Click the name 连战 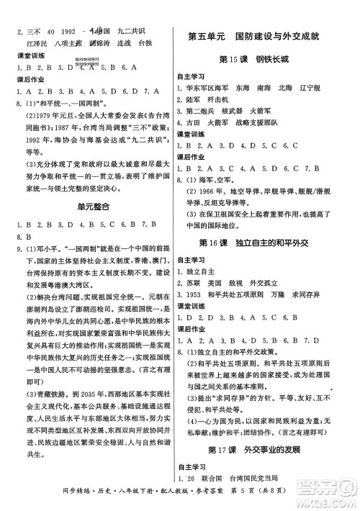[x=123, y=42]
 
